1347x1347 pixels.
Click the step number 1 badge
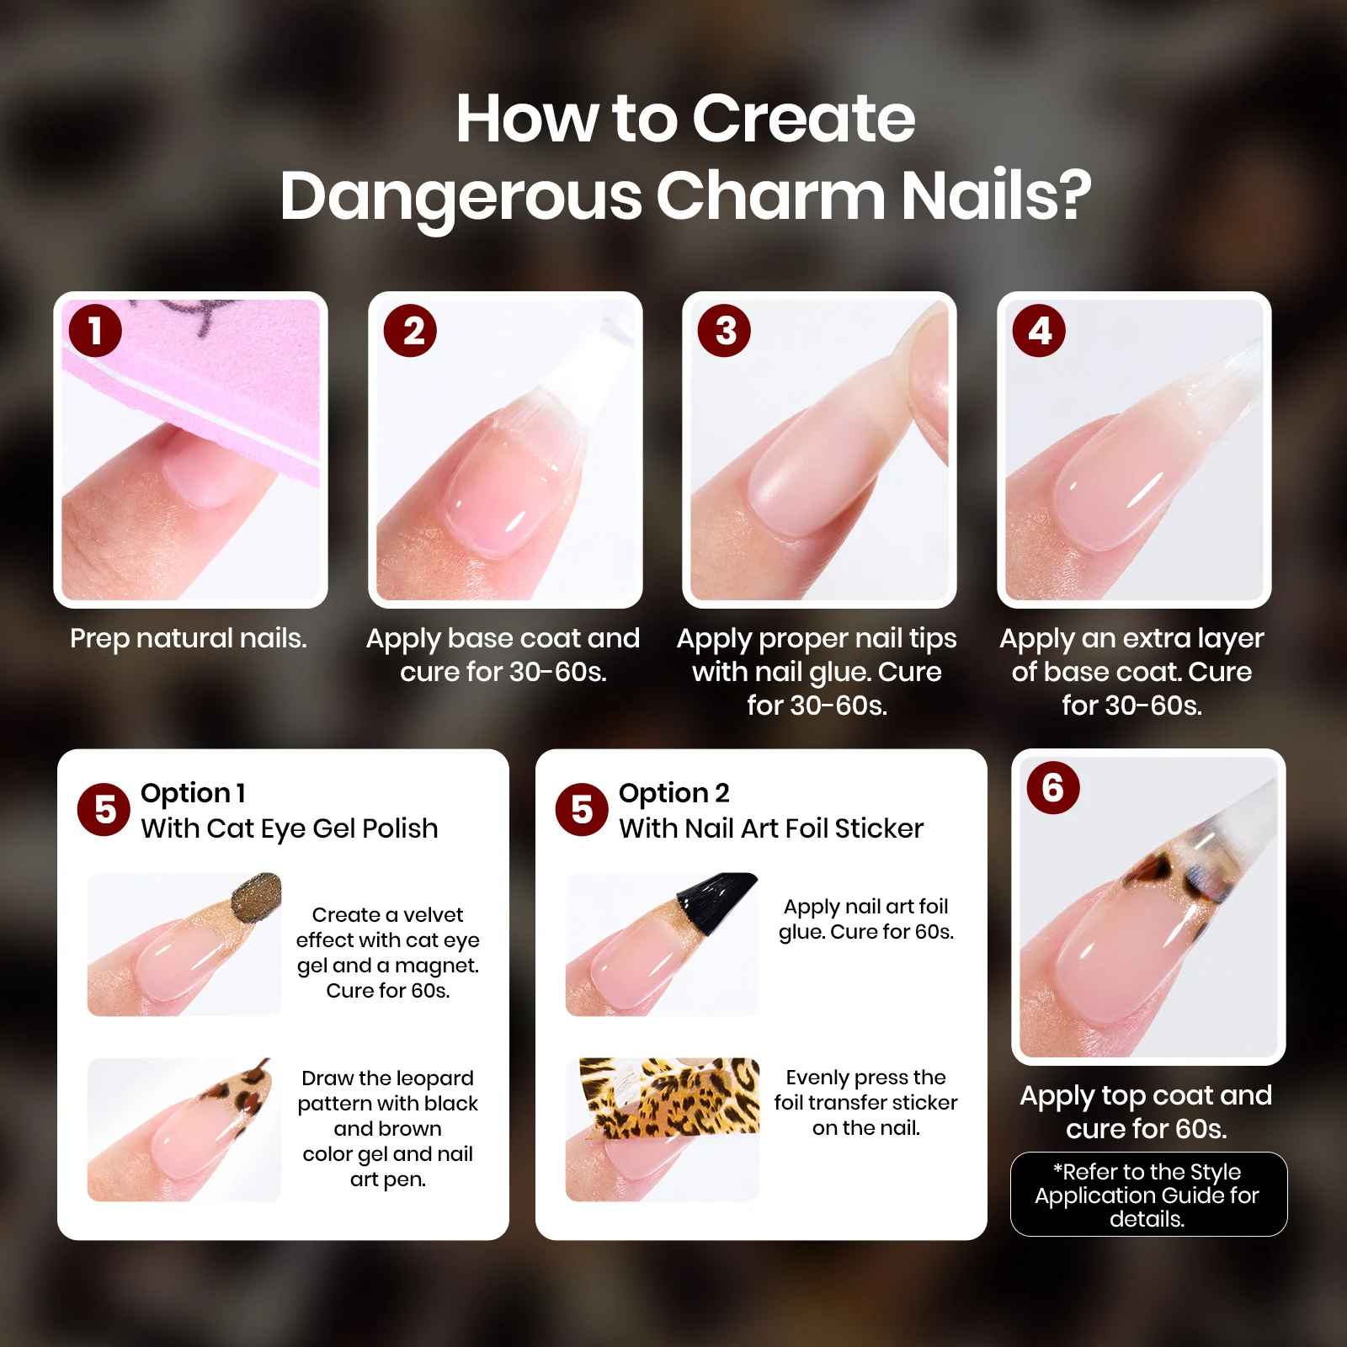95,330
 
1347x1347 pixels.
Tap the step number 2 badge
410,330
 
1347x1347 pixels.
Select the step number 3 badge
724,330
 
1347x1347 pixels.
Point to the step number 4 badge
1039,330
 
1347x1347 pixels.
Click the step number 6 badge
1053,787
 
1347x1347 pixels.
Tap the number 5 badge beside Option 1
104,809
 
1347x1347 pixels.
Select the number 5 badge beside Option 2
582,809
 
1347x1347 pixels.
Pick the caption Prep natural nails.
189,638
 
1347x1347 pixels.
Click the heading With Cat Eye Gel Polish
290,829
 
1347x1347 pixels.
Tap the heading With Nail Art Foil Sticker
771,829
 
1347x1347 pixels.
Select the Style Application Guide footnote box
1148,1194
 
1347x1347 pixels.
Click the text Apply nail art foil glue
866,918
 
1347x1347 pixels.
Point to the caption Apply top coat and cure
1147,1111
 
